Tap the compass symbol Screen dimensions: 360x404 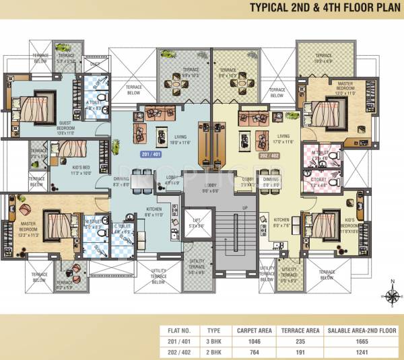(390, 295)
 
